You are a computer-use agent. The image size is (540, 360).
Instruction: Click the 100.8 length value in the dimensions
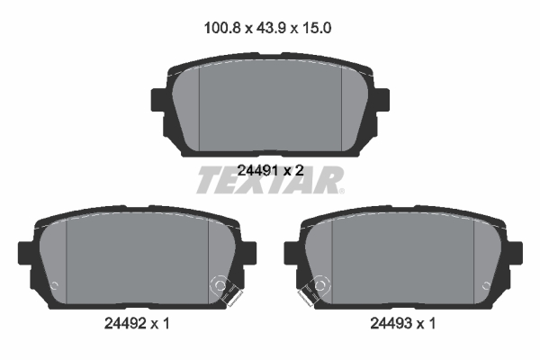point(221,28)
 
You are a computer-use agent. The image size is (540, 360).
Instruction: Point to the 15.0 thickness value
point(317,28)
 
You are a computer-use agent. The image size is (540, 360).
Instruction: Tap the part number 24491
point(257,170)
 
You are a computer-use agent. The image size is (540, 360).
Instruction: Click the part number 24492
point(124,323)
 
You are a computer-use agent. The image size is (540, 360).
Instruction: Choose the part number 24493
point(391,323)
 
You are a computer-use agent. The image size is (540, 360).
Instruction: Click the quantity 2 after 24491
point(299,170)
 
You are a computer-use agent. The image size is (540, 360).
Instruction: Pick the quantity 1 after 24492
point(166,323)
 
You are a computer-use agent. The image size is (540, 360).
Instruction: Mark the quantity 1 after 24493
point(432,323)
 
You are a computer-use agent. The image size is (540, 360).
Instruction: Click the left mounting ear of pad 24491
point(158,100)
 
